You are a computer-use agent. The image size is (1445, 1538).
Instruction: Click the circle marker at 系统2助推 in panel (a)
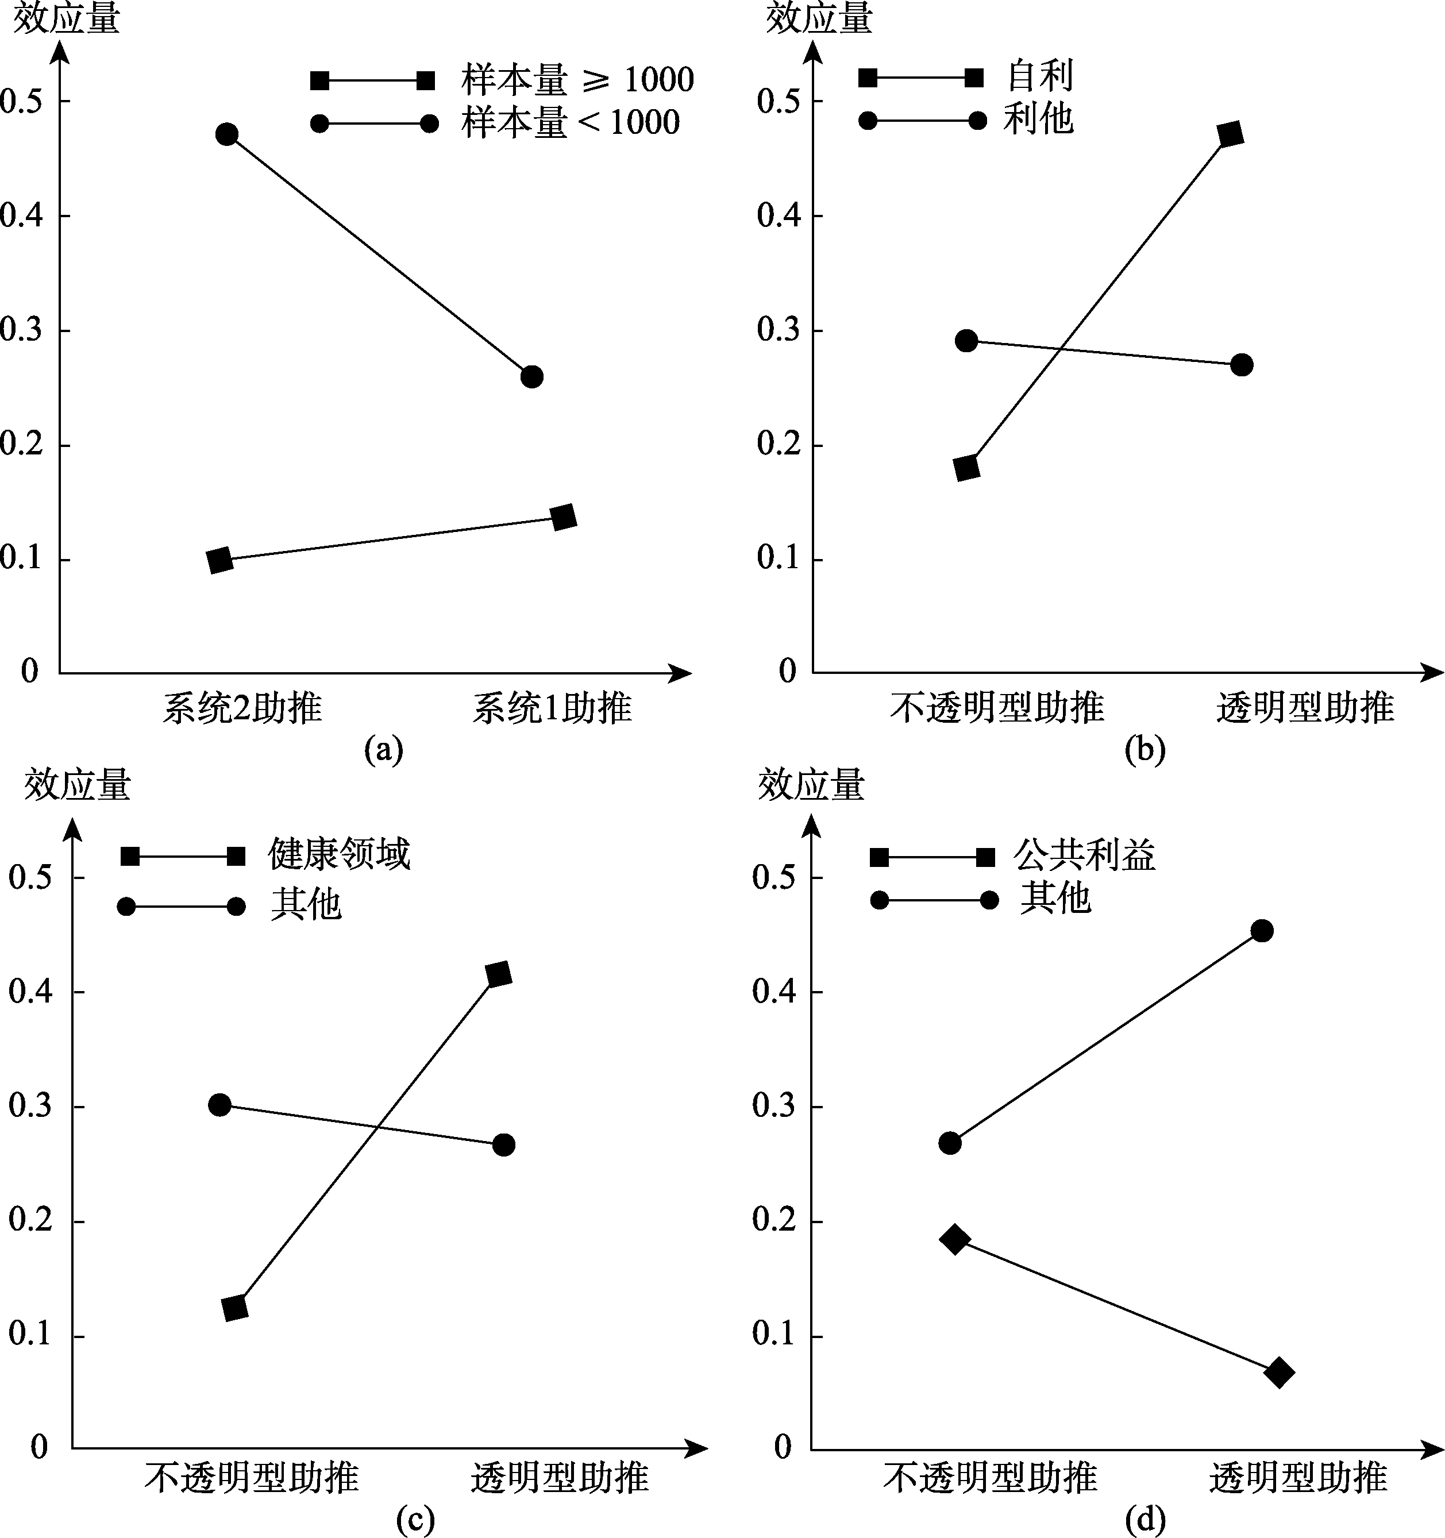[x=226, y=134]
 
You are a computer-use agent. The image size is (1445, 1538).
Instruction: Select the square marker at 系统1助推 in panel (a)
[x=564, y=517]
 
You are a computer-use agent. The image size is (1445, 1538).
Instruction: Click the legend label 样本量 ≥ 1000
[x=577, y=80]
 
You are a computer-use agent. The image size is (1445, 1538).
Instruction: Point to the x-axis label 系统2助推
[x=242, y=708]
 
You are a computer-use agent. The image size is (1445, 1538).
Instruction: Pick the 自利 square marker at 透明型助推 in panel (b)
[x=1230, y=134]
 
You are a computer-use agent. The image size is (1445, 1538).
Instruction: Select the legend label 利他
[x=1038, y=120]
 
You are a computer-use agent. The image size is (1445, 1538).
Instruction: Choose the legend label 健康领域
[x=339, y=855]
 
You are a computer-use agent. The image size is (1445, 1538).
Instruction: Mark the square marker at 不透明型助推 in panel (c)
[x=234, y=1306]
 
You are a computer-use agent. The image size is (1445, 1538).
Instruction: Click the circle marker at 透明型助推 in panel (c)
[x=503, y=1144]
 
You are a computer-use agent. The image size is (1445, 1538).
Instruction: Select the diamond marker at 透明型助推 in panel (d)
[x=1279, y=1373]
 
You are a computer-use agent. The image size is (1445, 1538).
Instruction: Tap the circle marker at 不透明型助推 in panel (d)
[x=950, y=1143]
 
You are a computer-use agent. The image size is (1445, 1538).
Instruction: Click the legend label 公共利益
[x=1085, y=855]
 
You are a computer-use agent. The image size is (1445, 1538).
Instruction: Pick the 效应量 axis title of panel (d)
[x=811, y=787]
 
